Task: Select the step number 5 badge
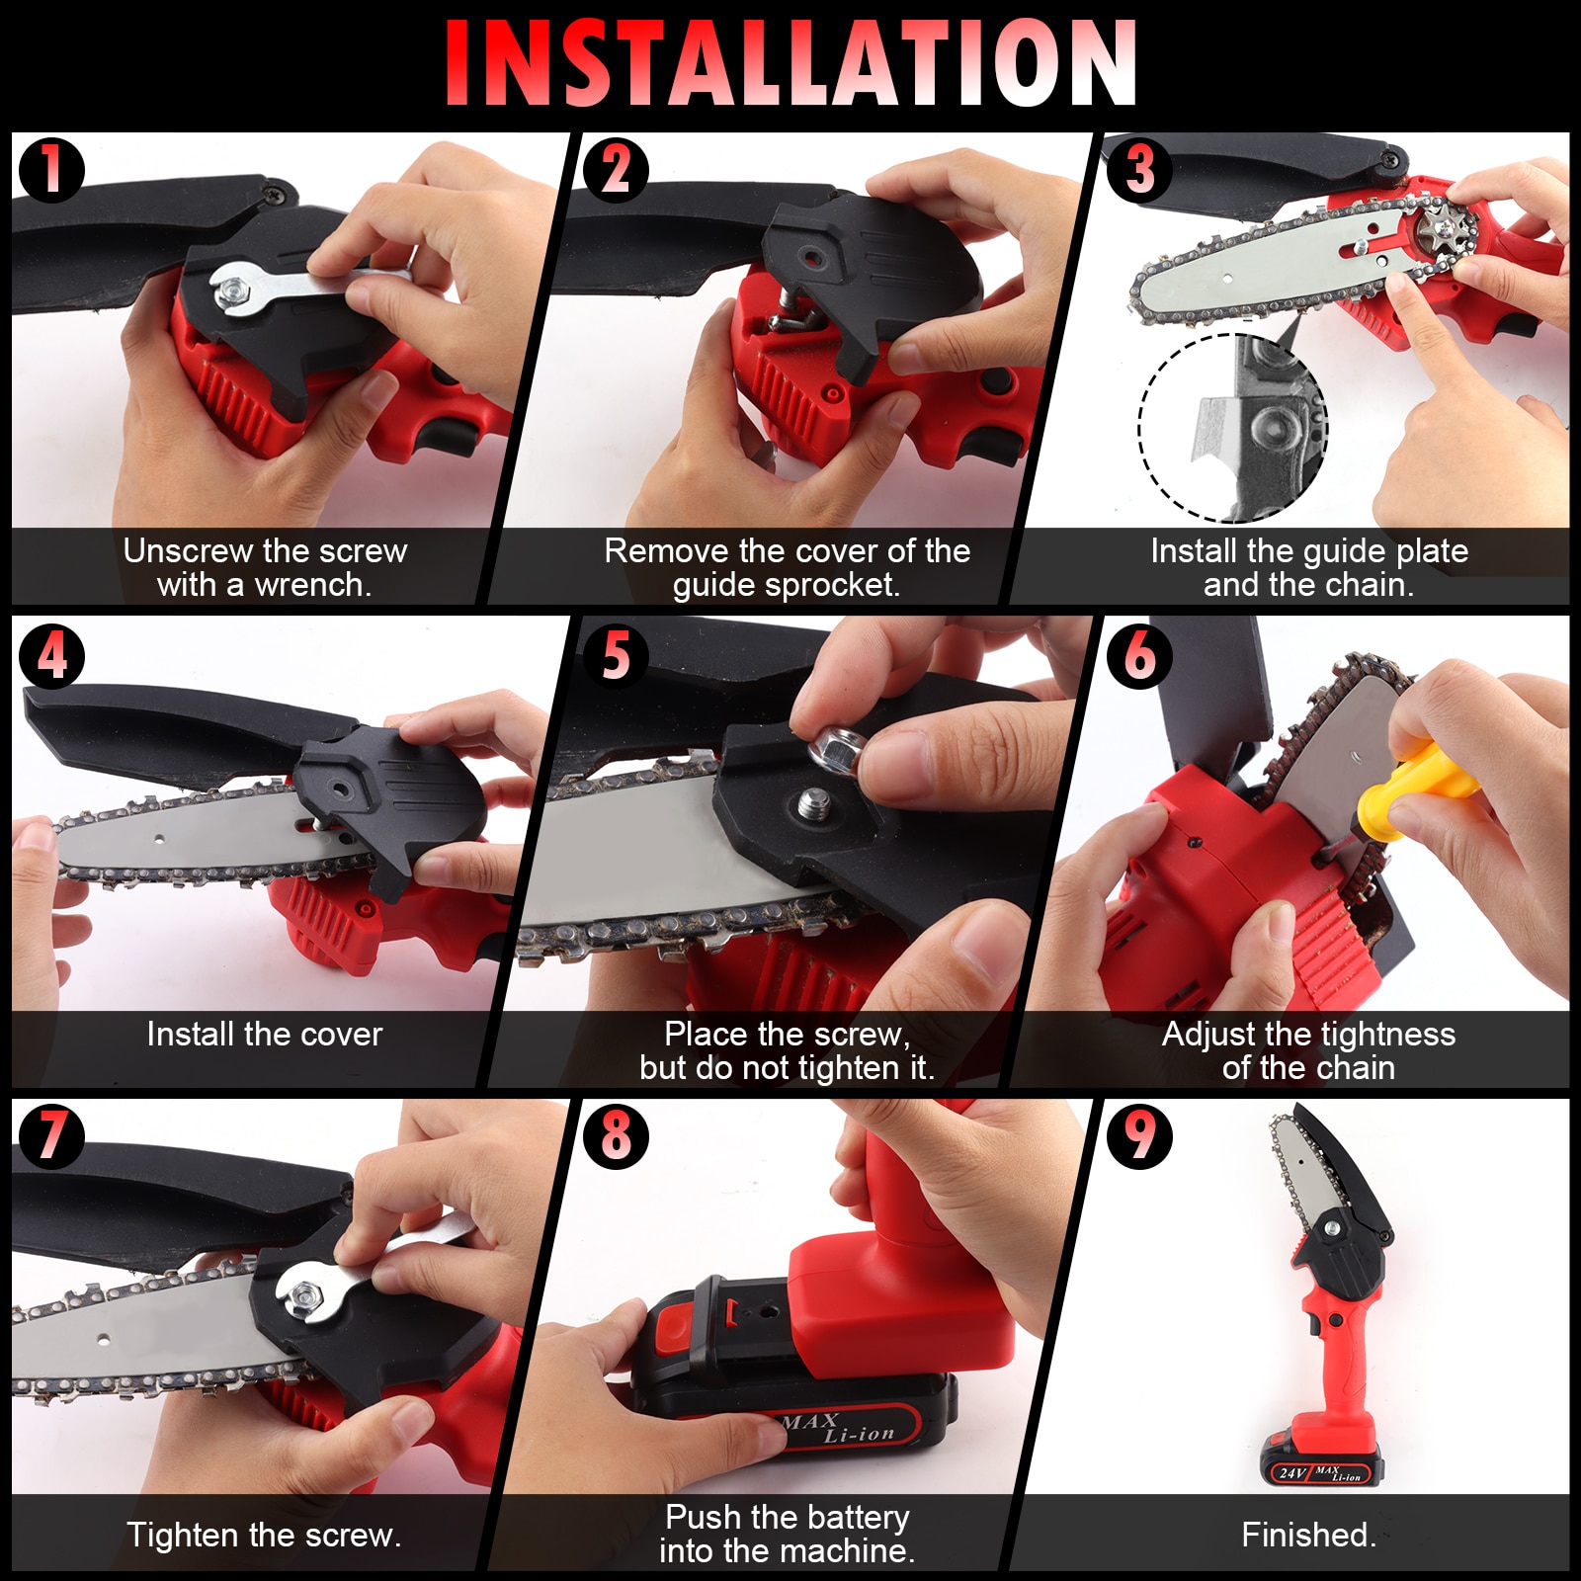615,655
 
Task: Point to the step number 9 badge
1139,1135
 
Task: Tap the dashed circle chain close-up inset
1233,428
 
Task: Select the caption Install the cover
264,1035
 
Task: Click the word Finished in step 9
1306,1535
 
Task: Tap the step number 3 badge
1139,169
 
